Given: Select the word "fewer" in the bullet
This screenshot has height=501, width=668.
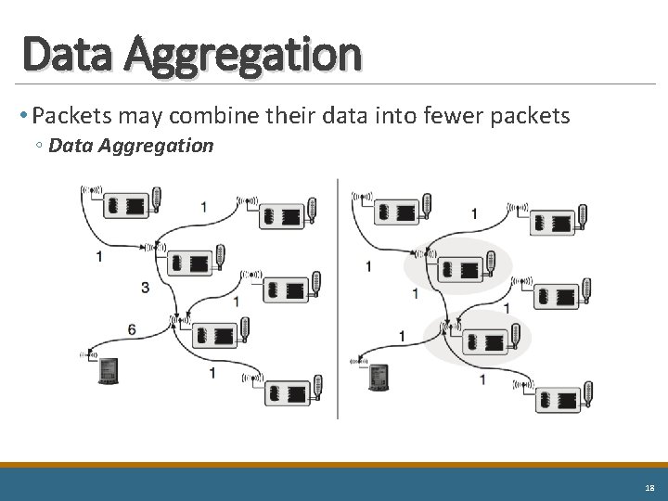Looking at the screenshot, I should [450, 115].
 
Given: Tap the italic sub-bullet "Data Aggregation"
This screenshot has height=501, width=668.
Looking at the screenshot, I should [131, 146].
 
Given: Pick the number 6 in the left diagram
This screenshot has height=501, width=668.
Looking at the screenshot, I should [132, 329].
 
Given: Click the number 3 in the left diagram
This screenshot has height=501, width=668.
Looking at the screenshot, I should [145, 288].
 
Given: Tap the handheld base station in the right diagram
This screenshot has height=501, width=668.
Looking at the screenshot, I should [379, 377].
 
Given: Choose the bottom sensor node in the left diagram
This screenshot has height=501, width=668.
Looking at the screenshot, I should [289, 392].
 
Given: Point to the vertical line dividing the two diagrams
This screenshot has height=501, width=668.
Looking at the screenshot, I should [338, 297].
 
